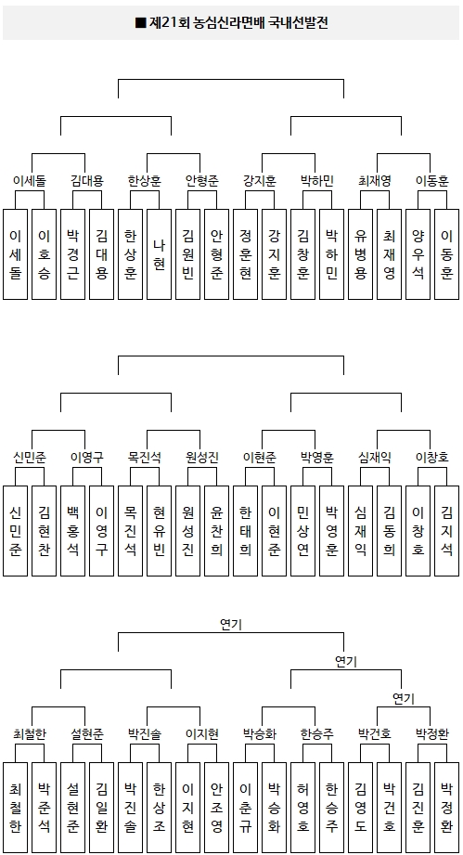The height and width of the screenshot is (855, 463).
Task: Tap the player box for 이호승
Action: [x=45, y=254]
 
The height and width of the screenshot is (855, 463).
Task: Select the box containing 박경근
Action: [x=73, y=254]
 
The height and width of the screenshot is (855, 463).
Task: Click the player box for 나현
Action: [x=159, y=254]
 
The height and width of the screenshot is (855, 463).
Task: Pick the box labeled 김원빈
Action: [x=188, y=254]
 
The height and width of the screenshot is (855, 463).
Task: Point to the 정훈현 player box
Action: [x=246, y=254]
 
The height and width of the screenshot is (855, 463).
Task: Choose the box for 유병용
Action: [x=361, y=254]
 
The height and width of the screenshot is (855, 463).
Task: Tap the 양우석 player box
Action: [x=418, y=254]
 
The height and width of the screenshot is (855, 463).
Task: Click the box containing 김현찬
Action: [x=45, y=531]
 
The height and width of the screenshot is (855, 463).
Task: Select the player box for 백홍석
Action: [x=73, y=531]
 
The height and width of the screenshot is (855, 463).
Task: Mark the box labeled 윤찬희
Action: [x=217, y=531]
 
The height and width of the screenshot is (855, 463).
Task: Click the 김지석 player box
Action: [x=446, y=531]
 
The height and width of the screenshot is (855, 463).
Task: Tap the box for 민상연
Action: [x=303, y=531]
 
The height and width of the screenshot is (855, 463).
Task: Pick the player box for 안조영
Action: [x=217, y=807]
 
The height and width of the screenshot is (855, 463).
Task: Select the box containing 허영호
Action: [x=303, y=807]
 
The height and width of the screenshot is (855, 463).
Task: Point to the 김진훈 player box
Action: [x=418, y=807]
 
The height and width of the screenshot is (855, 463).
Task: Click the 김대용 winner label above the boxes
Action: [x=87, y=181]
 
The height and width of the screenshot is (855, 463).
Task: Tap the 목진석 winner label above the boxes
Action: [x=145, y=458]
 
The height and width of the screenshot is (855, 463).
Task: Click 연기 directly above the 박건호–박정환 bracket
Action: [x=404, y=698]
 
